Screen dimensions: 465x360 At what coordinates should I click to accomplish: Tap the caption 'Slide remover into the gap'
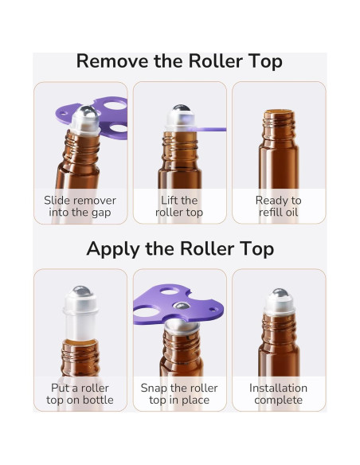coord(80,206)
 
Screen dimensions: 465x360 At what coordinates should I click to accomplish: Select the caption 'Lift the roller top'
coord(178,206)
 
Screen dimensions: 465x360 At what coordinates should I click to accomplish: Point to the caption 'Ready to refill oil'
coord(278,206)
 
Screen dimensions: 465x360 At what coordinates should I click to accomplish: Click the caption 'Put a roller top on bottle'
coord(80,394)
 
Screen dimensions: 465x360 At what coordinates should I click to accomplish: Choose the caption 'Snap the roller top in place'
coord(178,394)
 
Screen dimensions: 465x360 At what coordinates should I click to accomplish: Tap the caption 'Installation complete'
coord(278,394)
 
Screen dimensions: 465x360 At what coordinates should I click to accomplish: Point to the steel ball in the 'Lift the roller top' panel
coord(180,109)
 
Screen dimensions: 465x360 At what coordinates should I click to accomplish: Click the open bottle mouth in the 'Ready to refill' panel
coord(278,114)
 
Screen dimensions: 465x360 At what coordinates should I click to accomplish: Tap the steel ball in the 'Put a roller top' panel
coord(80,291)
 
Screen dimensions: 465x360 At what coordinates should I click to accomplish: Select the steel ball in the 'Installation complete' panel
coord(279,293)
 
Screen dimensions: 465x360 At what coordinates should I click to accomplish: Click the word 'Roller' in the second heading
coord(210,248)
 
